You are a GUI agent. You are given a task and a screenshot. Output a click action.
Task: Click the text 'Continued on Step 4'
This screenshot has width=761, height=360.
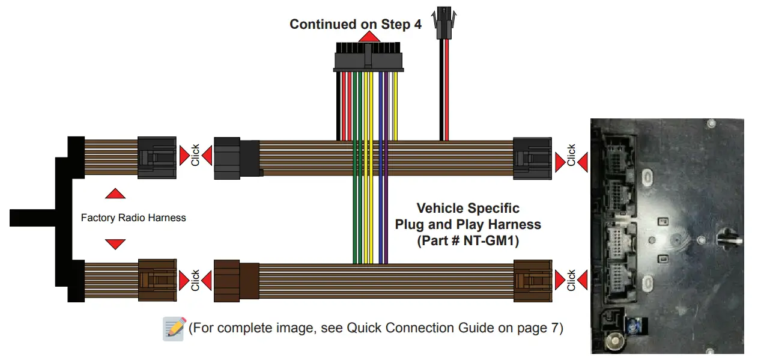coord(355,25)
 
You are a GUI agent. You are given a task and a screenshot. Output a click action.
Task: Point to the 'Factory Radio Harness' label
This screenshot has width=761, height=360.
coord(133,218)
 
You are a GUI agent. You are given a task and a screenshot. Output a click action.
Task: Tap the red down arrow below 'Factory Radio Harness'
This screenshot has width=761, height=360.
coord(115,243)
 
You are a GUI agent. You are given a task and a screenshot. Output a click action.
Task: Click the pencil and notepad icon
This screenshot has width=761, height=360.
coord(174,329)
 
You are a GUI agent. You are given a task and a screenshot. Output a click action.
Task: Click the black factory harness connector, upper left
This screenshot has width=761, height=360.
coord(157,157)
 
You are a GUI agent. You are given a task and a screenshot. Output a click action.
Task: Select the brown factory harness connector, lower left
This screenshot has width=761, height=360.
coord(157,280)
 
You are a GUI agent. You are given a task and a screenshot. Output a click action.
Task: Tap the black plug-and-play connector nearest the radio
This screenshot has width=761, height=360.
coord(532,158)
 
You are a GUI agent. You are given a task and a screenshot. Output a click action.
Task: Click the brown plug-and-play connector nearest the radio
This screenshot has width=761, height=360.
coord(532,280)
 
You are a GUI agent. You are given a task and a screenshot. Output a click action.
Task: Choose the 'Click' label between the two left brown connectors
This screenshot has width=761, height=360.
coord(195,281)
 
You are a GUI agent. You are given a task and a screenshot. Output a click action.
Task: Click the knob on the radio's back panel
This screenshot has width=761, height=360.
coord(724,236)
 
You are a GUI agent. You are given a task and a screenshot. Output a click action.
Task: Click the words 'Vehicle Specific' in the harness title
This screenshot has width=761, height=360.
coord(467,209)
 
